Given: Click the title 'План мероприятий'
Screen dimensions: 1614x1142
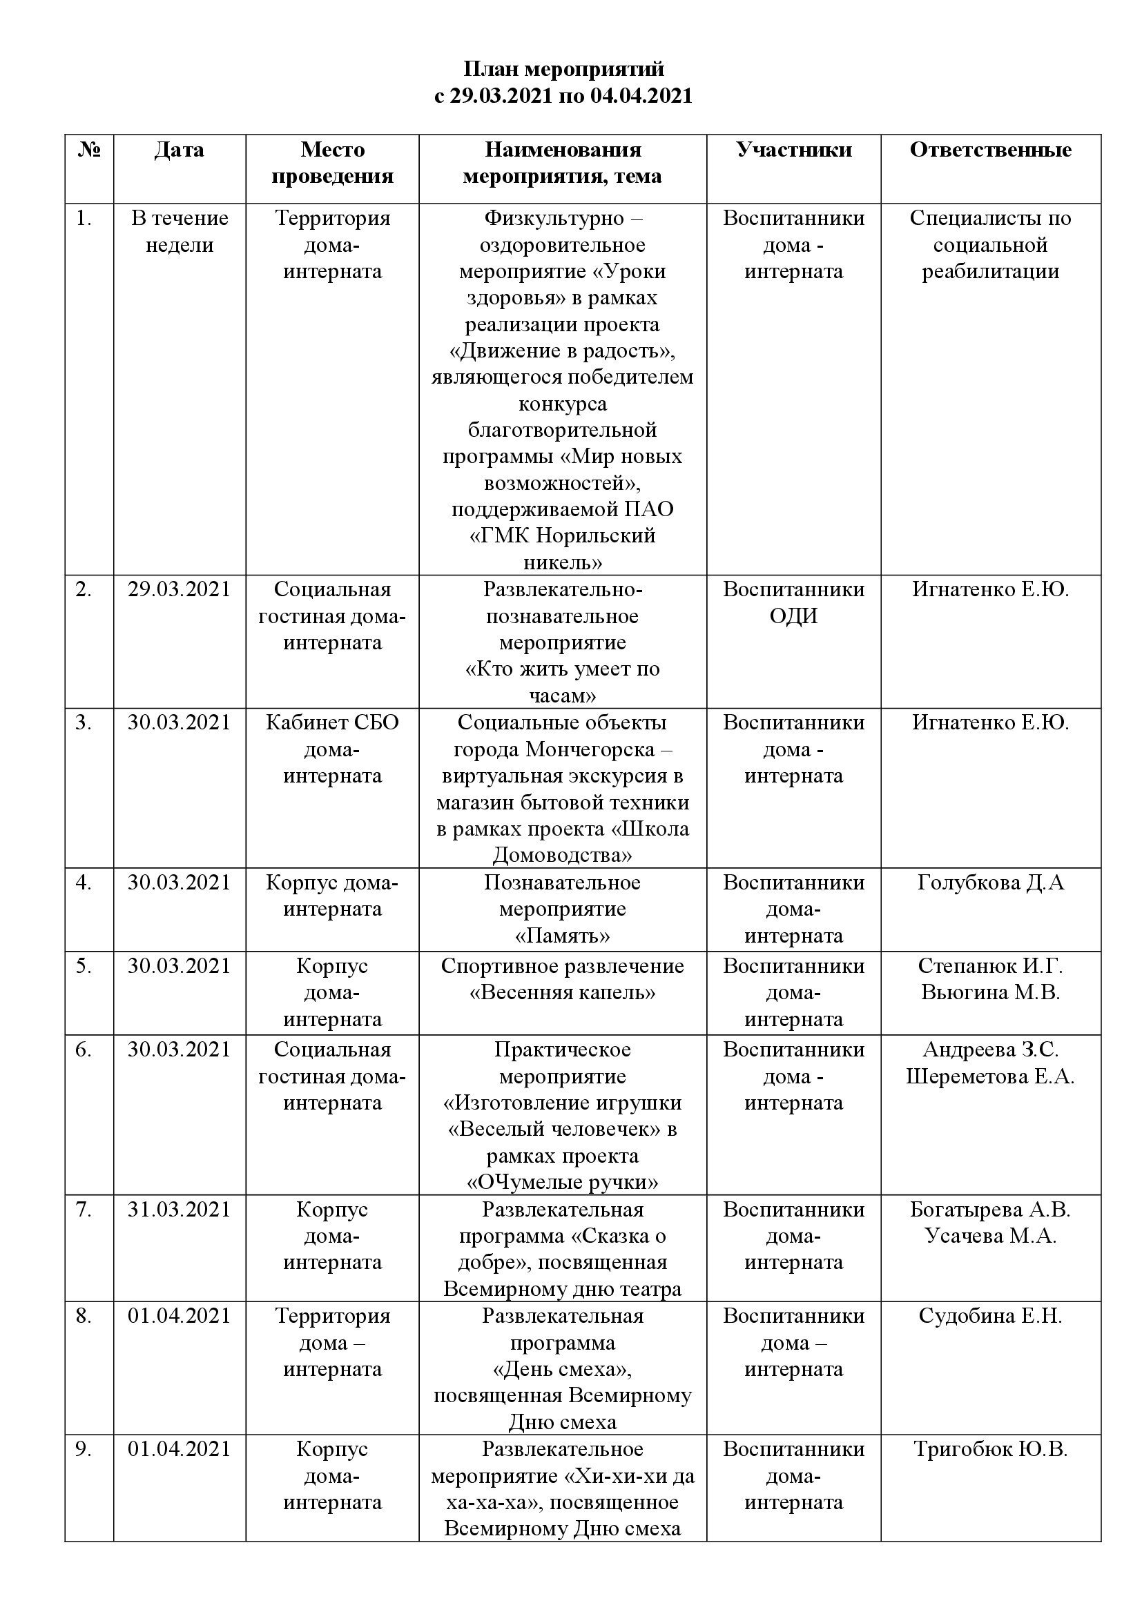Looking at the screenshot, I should tap(563, 69).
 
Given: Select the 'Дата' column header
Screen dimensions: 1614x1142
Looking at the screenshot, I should tap(180, 150).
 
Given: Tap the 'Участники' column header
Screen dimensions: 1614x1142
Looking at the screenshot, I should tap(794, 150).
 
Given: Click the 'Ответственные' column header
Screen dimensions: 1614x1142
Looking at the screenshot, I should tap(990, 150).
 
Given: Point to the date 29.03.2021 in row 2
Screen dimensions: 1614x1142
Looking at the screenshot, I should tap(180, 589).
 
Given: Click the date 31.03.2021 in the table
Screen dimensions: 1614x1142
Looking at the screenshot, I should tap(180, 1209).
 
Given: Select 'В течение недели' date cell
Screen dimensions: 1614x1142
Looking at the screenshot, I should tap(180, 231).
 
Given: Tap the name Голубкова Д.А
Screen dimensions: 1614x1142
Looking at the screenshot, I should tap(990, 883).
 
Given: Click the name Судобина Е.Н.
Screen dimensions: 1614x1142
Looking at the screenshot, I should tap(990, 1316).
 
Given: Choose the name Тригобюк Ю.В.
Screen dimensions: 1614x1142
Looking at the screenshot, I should tap(990, 1449).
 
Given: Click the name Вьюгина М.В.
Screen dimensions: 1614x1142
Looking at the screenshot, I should tap(990, 992).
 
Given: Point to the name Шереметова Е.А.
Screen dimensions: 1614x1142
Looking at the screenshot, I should tap(990, 1076).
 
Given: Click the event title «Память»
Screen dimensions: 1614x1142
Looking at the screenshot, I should tap(563, 936).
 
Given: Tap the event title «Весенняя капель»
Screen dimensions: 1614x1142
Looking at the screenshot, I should tap(563, 992).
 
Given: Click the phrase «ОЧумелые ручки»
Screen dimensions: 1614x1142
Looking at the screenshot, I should tap(563, 1183).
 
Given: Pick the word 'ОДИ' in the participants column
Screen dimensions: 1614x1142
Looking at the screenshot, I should tap(794, 616).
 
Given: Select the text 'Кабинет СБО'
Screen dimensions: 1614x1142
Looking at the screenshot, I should tap(332, 722).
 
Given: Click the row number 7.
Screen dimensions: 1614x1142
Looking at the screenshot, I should tap(84, 1209).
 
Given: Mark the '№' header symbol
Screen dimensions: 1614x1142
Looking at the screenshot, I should tap(88, 150).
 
